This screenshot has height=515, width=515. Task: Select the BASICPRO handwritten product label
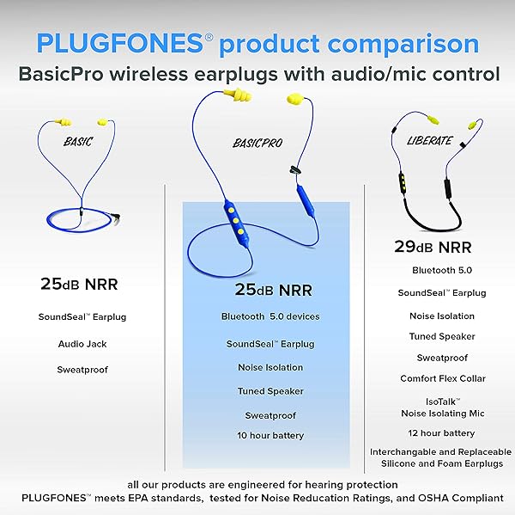pyautogui.click(x=257, y=143)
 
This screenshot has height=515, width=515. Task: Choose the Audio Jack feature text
pyautogui.click(x=82, y=343)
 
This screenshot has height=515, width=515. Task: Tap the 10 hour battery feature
pyautogui.click(x=270, y=435)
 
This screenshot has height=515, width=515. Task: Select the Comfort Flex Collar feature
pyautogui.click(x=443, y=378)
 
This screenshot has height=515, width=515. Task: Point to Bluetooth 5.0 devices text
pyautogui.click(x=270, y=316)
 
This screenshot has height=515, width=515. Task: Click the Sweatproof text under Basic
pyautogui.click(x=82, y=370)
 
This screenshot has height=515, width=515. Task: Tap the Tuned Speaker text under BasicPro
pyautogui.click(x=270, y=391)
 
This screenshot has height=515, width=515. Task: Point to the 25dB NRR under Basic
pyautogui.click(x=82, y=283)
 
